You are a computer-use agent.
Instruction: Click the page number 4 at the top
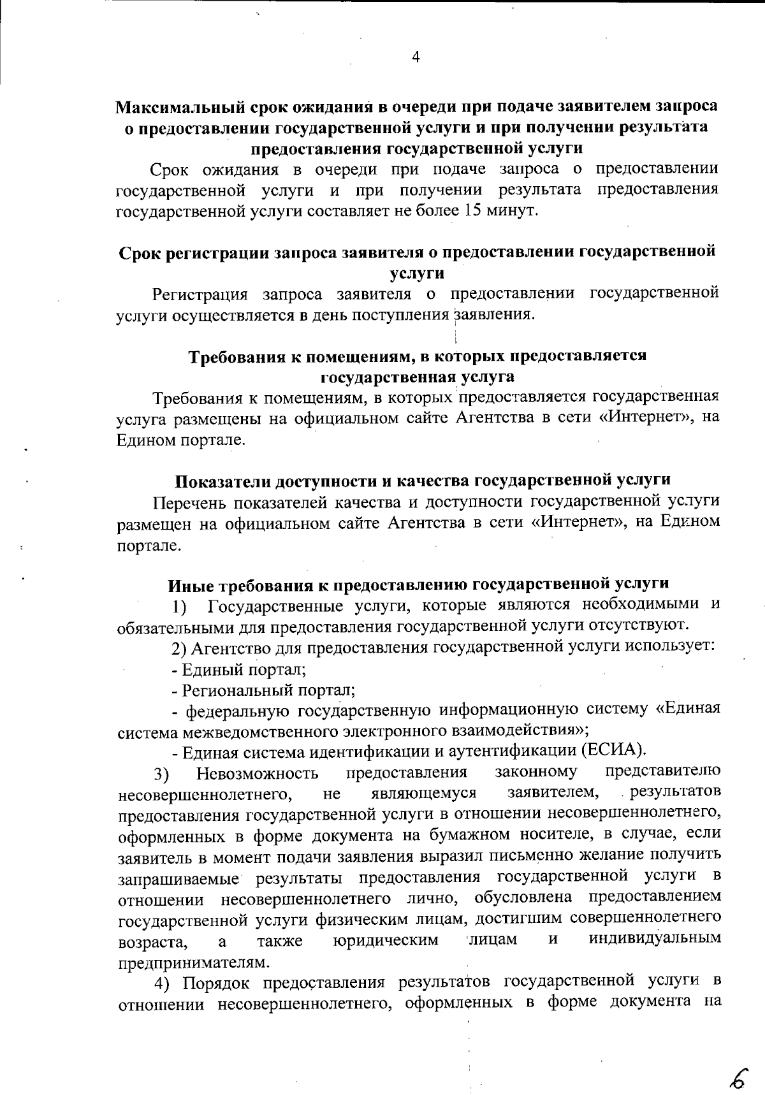(x=416, y=57)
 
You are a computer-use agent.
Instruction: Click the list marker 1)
(x=179, y=606)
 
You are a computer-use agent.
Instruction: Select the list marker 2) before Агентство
(x=179, y=648)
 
